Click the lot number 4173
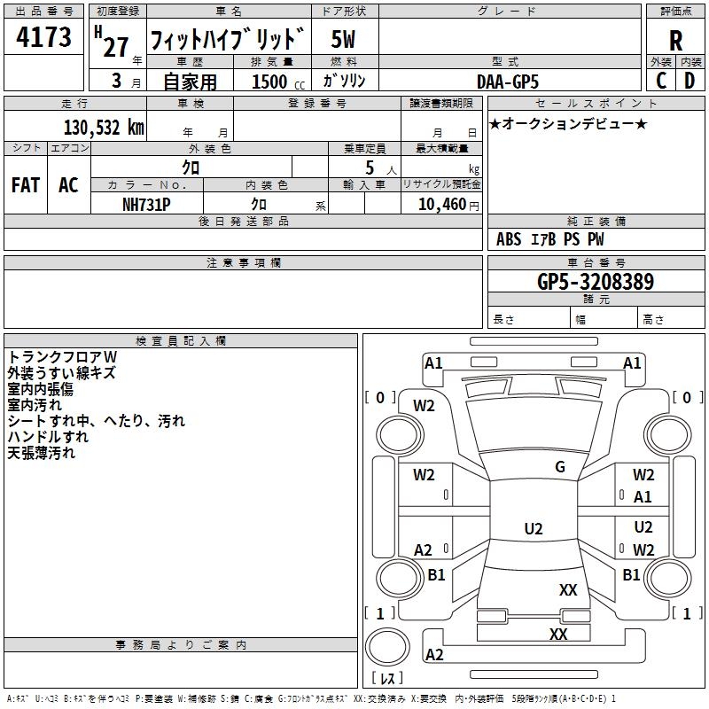(x=44, y=39)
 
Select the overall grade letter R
(x=676, y=41)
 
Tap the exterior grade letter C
(x=660, y=80)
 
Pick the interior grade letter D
(x=690, y=80)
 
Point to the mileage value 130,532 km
(x=103, y=127)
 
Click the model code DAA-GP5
(x=509, y=81)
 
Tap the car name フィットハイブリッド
(x=228, y=40)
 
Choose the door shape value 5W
(x=344, y=40)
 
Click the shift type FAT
(x=26, y=185)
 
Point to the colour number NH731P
(x=146, y=203)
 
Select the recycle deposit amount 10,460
(x=440, y=204)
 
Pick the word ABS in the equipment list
(x=509, y=239)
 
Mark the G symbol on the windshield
(x=560, y=467)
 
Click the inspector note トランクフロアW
(x=62, y=356)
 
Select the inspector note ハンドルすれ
(x=48, y=437)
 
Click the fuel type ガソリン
(x=344, y=81)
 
